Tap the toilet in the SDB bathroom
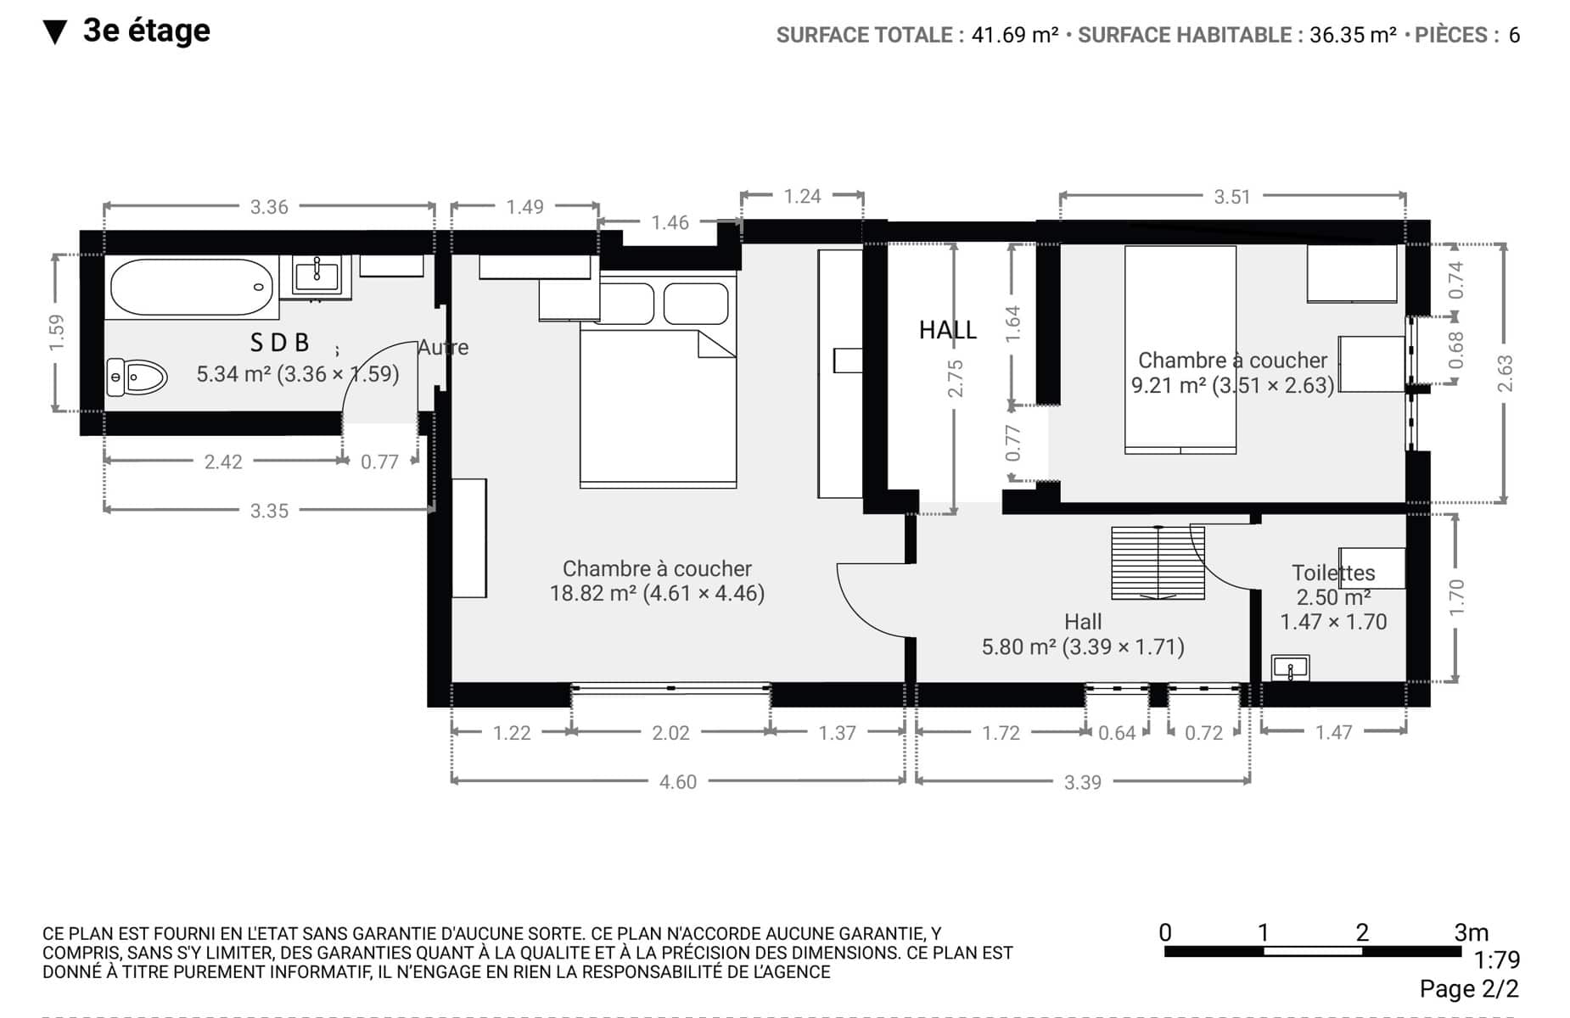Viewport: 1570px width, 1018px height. pos(137,377)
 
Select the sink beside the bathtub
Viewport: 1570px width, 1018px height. pos(317,276)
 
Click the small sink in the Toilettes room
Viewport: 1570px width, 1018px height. pos(1290,668)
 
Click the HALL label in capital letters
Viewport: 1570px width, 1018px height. pos(948,330)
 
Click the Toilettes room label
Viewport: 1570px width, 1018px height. pos(1333,573)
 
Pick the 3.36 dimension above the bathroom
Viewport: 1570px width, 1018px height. pos(269,207)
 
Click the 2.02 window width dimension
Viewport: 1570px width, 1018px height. pos(670,733)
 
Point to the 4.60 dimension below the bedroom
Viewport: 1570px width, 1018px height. pos(678,782)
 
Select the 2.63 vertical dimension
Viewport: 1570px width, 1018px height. pos(1505,373)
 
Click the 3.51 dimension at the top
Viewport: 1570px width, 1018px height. pos(1232,197)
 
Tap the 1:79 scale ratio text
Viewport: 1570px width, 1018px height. pos(1496,960)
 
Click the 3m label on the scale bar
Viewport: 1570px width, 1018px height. pos(1472,932)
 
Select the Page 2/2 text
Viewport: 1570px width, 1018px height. pos(1469,989)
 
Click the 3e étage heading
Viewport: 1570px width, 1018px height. pos(147,31)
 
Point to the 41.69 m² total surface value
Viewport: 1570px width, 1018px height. pos(1015,35)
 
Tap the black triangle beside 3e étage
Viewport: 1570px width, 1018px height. pos(55,32)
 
